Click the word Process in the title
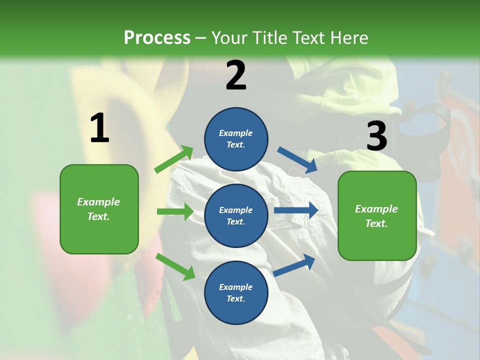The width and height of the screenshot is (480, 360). (x=157, y=37)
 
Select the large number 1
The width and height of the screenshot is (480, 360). (x=99, y=128)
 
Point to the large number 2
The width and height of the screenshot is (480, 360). (x=236, y=75)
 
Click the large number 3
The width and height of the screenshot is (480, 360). (x=376, y=136)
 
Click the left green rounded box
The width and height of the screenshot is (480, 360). (x=99, y=209)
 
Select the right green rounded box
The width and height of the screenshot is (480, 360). (x=377, y=216)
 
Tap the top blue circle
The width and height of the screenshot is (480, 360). (x=236, y=139)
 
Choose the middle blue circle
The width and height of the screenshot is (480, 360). (x=236, y=215)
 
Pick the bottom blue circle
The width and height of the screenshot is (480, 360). (x=236, y=292)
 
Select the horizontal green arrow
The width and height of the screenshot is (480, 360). (x=175, y=211)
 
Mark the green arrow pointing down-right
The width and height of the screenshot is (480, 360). (x=175, y=266)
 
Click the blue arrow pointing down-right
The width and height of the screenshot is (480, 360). (x=297, y=159)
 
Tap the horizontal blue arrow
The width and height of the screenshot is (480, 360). (x=296, y=210)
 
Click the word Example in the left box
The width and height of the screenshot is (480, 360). (x=98, y=202)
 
